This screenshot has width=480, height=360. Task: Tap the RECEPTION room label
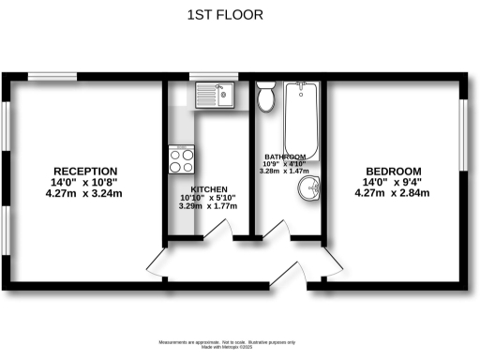pos(80,171)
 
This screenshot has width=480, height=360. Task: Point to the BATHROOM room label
pos(285,157)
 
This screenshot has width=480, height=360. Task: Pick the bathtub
pos(303,117)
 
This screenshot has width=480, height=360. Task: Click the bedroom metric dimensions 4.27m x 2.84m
pos(391,194)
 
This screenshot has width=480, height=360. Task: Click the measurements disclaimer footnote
pos(240,344)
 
